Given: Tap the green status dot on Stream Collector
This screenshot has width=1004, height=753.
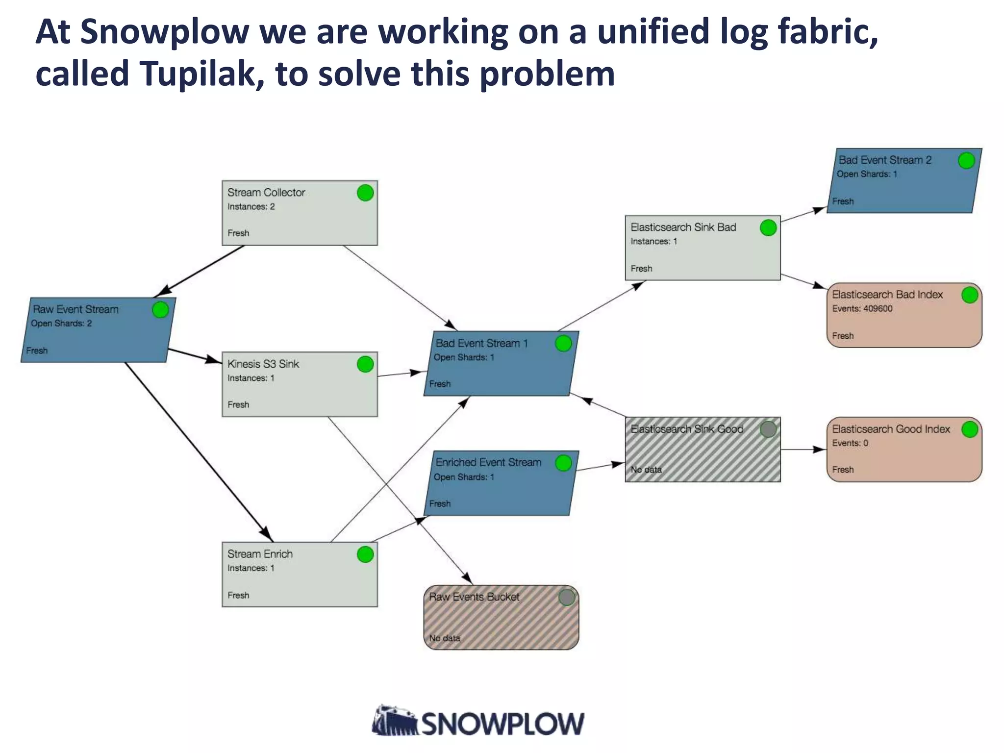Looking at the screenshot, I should click(x=365, y=193).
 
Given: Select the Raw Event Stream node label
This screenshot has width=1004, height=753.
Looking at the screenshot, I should click(x=75, y=309).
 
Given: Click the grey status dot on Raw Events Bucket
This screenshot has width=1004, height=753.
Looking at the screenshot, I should click(x=567, y=597).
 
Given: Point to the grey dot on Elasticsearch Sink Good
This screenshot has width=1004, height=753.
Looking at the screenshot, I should click(x=768, y=429).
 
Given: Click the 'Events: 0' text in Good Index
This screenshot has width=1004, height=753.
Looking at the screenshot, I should click(x=850, y=443).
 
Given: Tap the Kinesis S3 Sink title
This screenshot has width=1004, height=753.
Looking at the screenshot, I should click(x=263, y=364).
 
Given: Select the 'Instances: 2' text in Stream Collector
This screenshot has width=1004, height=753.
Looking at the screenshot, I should click(x=251, y=206).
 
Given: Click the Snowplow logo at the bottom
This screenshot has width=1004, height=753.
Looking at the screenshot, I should click(x=478, y=722).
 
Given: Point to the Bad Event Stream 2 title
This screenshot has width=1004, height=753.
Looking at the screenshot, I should click(x=885, y=160).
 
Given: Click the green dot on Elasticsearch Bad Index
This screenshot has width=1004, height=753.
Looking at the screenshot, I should click(x=970, y=295).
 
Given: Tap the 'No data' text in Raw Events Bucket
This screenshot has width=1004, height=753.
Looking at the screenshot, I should click(x=445, y=638).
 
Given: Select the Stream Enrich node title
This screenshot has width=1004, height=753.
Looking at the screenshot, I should click(x=260, y=554).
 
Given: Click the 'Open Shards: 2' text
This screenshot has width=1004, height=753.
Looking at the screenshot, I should click(x=61, y=324).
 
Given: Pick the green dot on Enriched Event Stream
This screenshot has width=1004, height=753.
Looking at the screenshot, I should click(x=563, y=463).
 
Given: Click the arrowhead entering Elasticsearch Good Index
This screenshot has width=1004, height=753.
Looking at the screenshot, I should click(x=820, y=449).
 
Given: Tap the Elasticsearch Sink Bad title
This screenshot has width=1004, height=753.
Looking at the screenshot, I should click(x=683, y=227).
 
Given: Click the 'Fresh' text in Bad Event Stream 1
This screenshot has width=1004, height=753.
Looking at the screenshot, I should click(x=440, y=384).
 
